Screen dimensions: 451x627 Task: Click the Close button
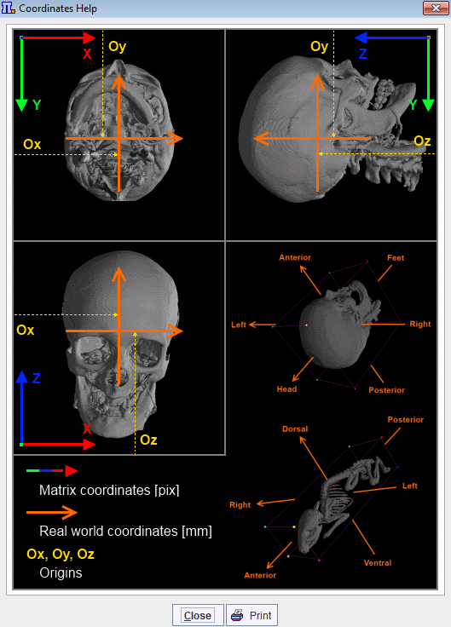198,615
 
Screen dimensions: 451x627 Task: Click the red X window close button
436,8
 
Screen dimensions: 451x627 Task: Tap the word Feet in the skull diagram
396,258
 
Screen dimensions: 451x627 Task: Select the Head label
286,389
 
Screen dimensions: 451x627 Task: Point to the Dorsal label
295,429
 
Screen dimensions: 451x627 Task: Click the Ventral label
378,563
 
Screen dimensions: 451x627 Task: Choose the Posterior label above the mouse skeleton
405,420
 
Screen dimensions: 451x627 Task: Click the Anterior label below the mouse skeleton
260,575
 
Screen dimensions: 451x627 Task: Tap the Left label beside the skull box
239,325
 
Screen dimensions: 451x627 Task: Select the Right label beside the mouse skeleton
240,505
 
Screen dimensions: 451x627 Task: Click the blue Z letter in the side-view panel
363,54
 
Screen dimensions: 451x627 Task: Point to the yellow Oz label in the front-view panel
148,440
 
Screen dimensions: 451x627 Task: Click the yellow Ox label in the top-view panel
32,144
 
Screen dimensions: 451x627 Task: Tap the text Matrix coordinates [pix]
109,490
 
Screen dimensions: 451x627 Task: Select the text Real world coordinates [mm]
125,531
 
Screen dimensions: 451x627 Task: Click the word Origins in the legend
61,573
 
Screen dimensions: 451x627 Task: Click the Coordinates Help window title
58,9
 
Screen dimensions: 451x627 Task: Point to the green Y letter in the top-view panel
37,105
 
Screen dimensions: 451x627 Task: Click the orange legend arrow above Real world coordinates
52,512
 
